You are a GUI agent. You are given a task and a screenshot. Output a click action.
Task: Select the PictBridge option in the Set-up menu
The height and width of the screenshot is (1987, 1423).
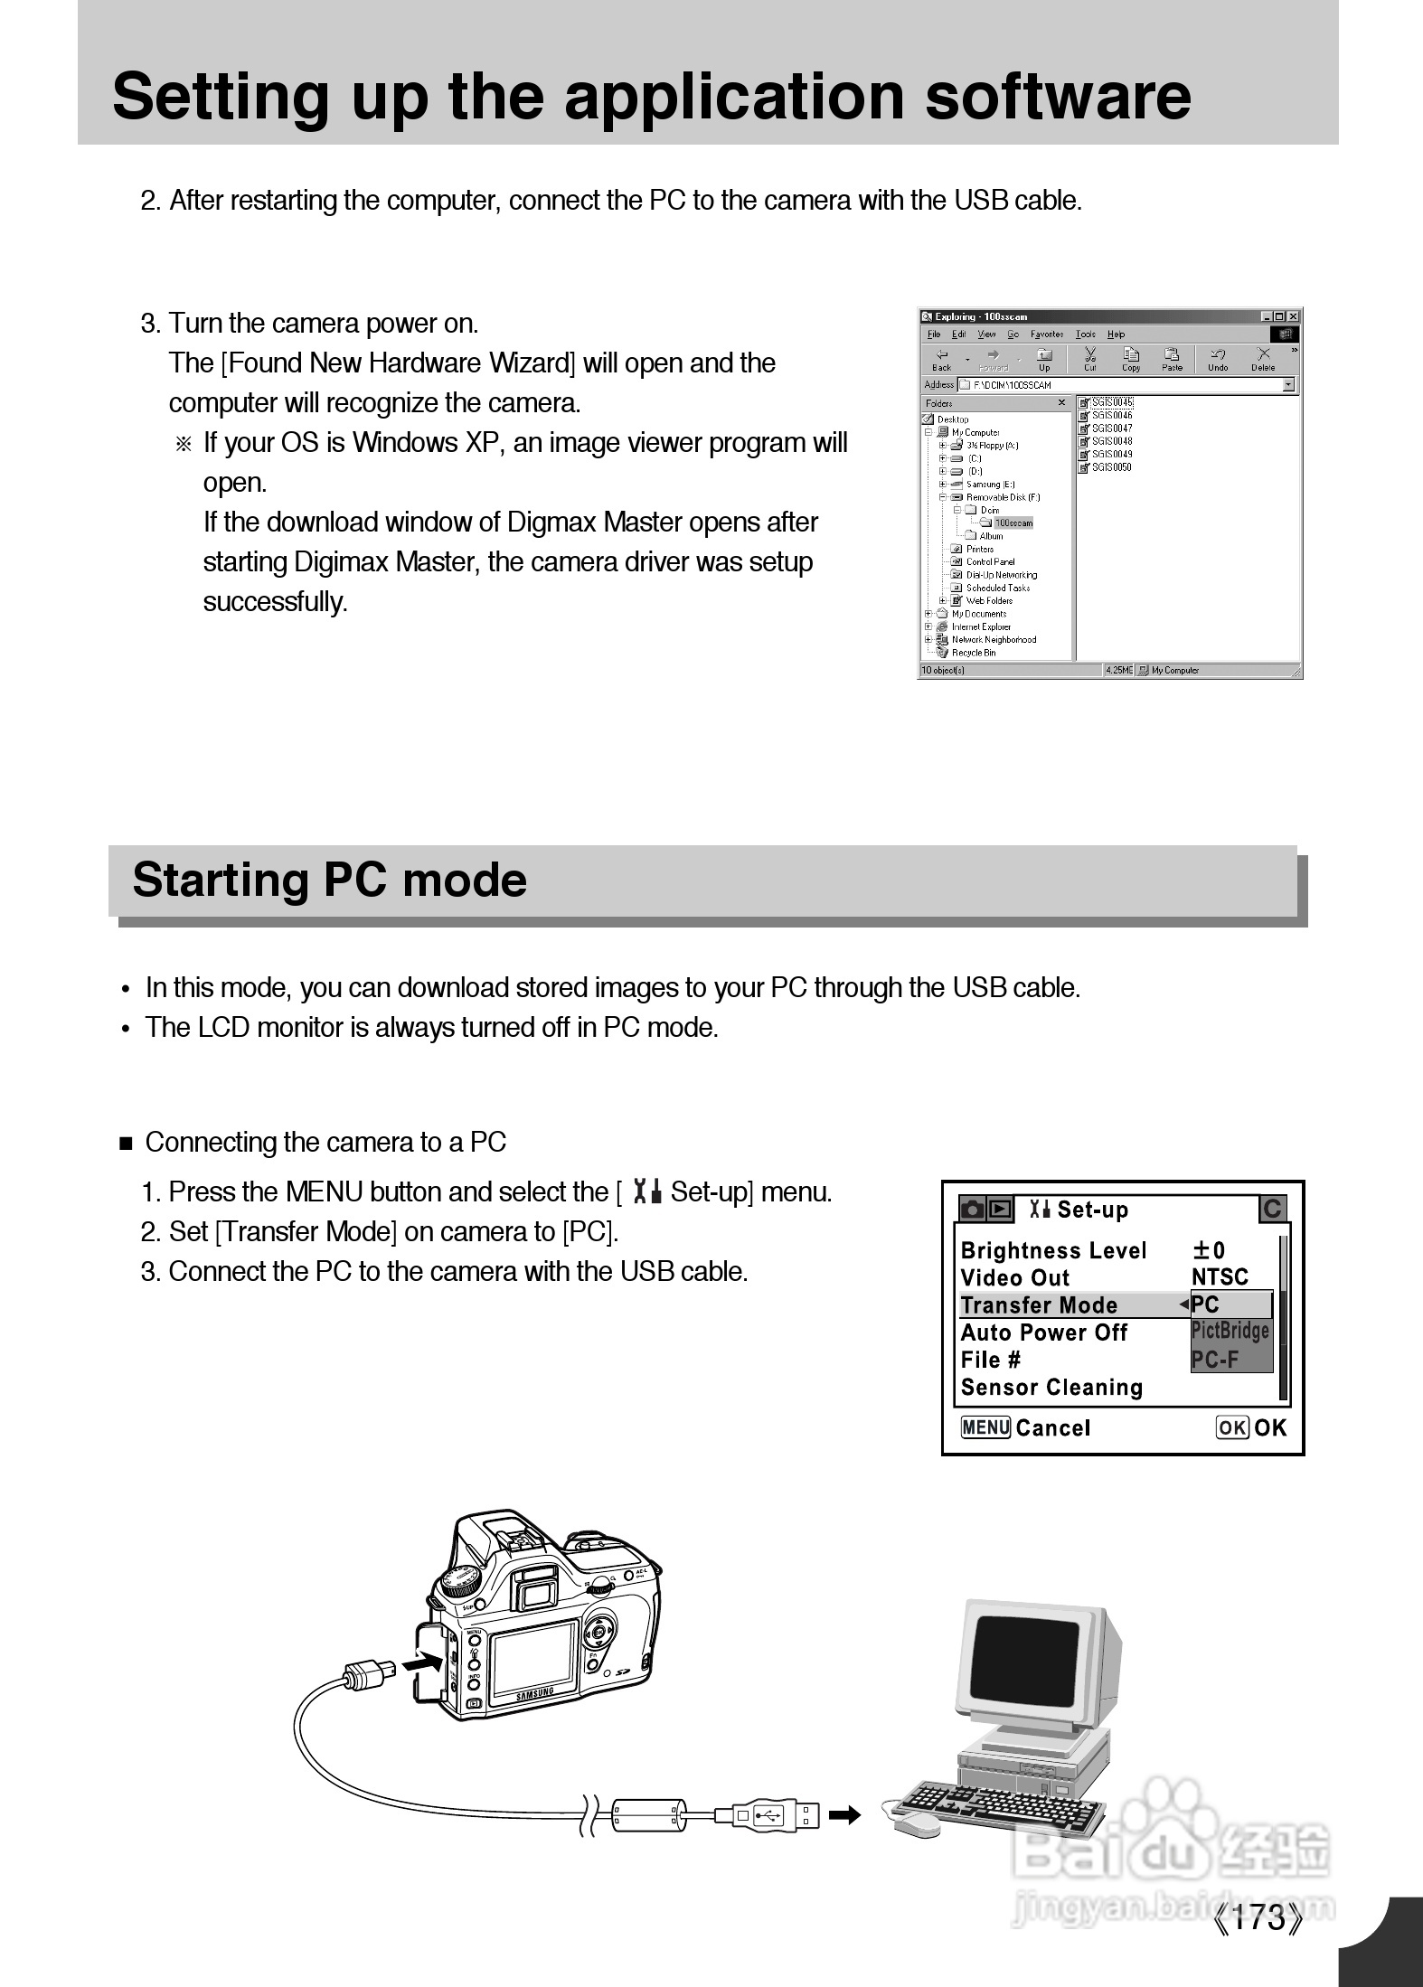pos(1230,1331)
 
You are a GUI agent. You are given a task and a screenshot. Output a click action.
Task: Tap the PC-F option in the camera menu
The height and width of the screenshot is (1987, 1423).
pos(1215,1359)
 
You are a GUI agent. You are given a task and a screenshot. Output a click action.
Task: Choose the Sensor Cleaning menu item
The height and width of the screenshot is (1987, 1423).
pos(1051,1387)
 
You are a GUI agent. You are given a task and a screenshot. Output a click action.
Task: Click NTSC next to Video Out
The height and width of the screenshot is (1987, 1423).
pos(1220,1276)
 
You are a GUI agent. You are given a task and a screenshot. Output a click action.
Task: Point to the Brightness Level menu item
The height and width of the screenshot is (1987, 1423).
pos(1053,1250)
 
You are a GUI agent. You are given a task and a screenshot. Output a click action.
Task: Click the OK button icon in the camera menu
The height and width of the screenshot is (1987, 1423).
pos(1232,1427)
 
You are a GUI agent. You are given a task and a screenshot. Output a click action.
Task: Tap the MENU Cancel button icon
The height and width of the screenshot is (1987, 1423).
pos(985,1427)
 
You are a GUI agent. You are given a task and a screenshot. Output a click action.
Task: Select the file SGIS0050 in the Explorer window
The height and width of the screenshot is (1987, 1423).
pos(1111,467)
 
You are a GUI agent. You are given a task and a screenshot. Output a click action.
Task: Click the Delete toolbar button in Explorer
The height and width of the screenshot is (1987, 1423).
pos(1263,359)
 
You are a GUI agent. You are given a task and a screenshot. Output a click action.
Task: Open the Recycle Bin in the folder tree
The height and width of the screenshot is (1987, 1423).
pos(973,653)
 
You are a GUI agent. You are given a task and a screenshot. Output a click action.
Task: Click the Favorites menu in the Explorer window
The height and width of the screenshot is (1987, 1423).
pos(1047,334)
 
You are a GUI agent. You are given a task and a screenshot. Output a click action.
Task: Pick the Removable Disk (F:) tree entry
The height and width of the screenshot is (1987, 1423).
pos(1003,497)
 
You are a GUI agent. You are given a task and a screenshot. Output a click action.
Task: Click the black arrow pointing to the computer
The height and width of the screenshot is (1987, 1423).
pos(845,1814)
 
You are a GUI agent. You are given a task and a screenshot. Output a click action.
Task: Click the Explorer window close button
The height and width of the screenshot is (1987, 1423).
pos(1294,316)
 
